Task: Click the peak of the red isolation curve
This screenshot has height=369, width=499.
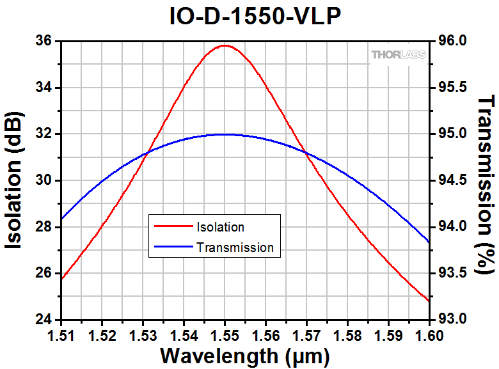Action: click(224, 45)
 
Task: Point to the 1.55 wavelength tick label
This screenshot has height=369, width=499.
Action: click(225, 334)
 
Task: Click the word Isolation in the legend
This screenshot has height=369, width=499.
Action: click(220, 227)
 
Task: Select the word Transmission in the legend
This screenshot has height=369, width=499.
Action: click(235, 247)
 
